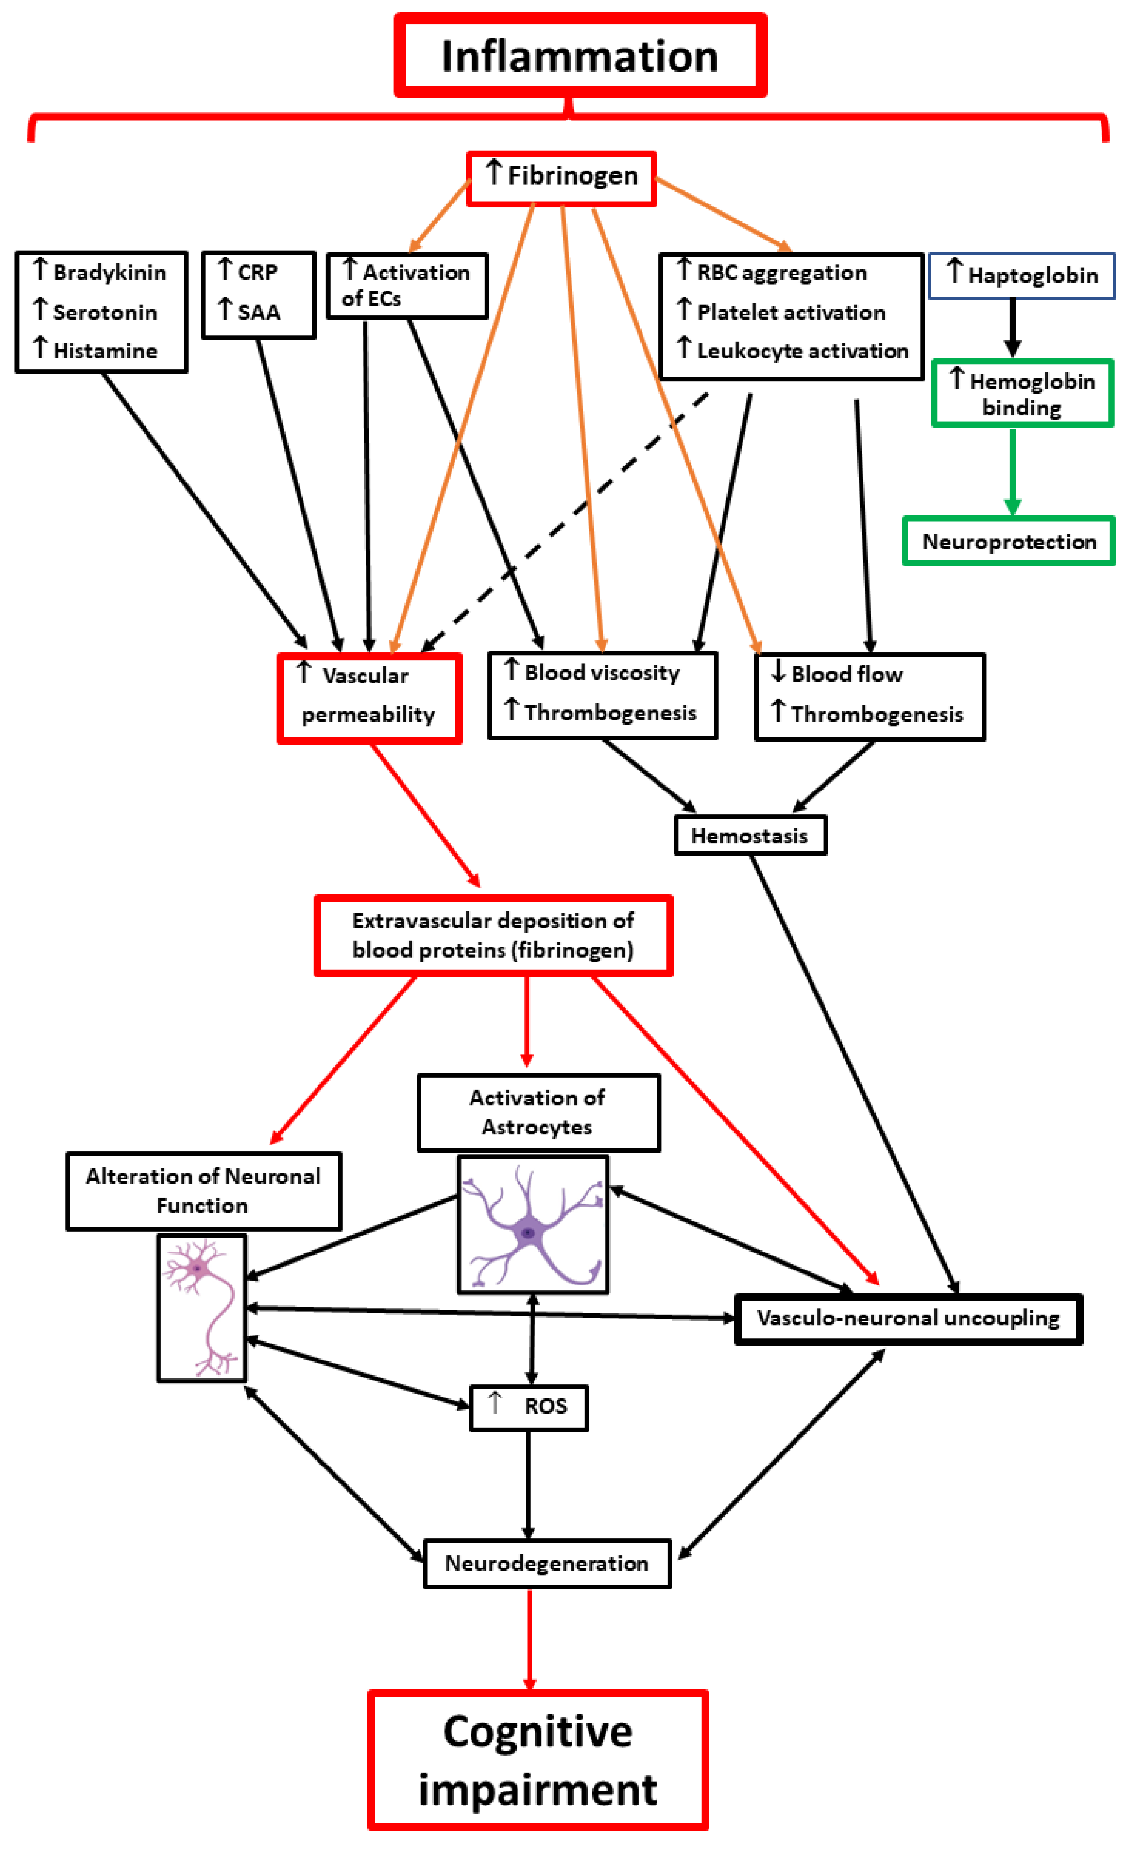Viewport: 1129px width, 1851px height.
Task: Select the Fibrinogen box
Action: point(561,178)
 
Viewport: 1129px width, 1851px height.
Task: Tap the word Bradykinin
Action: point(109,273)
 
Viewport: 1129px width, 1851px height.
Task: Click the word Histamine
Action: point(105,351)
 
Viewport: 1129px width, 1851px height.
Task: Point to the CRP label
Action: point(258,272)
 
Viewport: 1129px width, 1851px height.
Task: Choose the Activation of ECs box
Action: point(407,286)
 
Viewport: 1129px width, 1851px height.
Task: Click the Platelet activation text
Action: point(791,313)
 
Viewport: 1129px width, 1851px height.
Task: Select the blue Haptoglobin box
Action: point(1022,276)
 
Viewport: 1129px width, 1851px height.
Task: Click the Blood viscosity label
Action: point(602,673)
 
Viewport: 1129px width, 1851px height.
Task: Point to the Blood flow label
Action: point(846,675)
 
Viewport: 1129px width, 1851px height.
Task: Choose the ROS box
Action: point(528,1408)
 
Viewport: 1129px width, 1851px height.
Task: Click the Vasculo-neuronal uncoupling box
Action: point(908,1319)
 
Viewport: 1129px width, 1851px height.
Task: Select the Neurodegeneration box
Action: point(547,1563)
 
